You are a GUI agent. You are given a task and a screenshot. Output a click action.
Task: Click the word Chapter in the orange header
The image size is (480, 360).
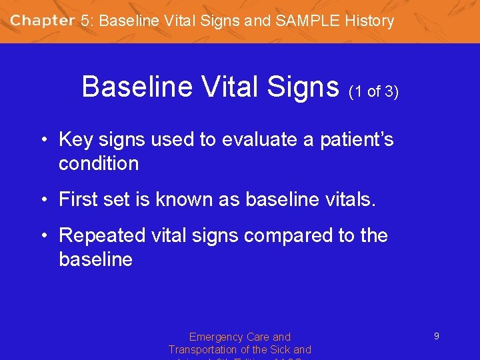(43, 20)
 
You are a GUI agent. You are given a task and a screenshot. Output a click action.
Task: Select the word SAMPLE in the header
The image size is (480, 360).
(307, 21)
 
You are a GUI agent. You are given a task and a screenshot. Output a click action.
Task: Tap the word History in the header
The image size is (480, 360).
(369, 21)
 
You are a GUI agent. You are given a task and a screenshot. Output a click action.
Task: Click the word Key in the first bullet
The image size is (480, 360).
(75, 140)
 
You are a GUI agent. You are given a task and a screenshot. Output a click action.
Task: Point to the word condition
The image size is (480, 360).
(99, 164)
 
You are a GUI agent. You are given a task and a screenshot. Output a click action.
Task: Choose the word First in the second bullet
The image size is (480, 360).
(79, 199)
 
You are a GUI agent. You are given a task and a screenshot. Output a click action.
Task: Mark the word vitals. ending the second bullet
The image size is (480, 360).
(347, 199)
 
